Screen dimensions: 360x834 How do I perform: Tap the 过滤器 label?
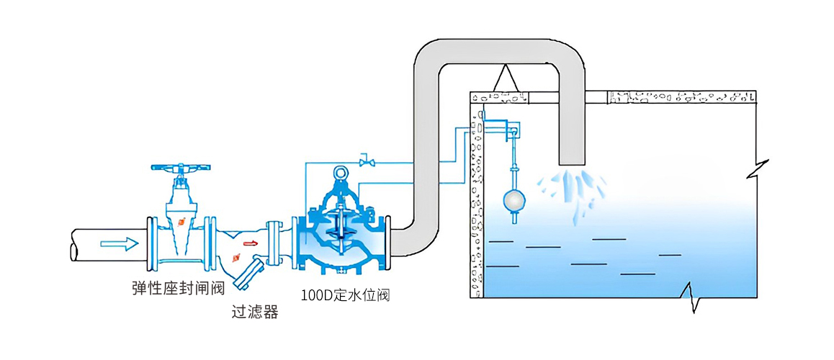coord(254,312)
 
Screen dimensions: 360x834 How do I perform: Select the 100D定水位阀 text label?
coord(345,295)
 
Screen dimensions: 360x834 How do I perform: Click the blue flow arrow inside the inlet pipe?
coord(119,243)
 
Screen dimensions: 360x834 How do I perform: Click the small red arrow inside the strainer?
coord(251,243)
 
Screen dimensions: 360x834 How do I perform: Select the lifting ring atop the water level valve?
coord(341,172)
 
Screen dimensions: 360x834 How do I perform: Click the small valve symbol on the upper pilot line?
coord(367,160)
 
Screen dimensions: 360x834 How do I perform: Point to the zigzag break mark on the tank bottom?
coord(692,297)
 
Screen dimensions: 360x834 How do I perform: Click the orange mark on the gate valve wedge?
coord(184,222)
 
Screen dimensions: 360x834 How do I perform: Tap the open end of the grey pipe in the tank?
coord(573,160)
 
